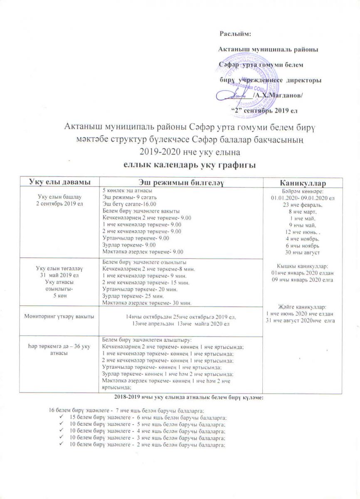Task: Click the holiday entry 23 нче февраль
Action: pos(302,204)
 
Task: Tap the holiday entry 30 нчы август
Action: pos(302,252)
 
